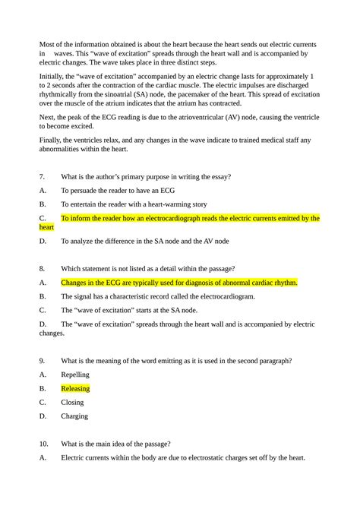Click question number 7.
[43, 176]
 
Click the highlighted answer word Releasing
[75, 388]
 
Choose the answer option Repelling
[75, 375]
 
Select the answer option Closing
[73, 402]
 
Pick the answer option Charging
[74, 416]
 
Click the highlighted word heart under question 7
[46, 226]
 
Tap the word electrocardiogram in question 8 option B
[221, 296]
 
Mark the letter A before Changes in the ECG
[43, 283]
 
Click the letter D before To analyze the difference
[43, 241]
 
